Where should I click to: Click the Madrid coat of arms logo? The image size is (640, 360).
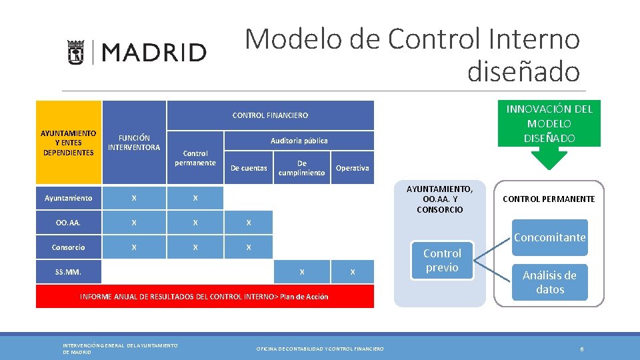(76, 52)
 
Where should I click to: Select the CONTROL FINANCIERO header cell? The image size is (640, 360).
(270, 115)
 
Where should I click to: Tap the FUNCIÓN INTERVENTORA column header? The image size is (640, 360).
(134, 142)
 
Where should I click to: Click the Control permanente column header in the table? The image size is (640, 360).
(195, 158)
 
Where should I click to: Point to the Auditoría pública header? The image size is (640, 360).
(299, 141)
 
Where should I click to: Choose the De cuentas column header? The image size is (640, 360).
(249, 168)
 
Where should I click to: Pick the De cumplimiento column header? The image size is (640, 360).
(302, 168)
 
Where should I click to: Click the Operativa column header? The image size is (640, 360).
(352, 168)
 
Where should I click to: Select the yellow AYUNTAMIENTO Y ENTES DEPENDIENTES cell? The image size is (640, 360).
(69, 143)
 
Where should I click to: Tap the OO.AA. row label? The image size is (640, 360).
(68, 223)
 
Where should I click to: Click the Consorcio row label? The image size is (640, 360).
(68, 247)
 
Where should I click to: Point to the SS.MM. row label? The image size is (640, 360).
(68, 272)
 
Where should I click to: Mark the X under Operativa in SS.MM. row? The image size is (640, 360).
(353, 272)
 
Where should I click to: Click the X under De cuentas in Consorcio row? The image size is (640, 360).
(249, 247)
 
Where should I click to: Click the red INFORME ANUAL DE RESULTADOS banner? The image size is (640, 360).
(205, 297)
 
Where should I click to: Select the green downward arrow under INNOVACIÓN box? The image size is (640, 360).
(549, 159)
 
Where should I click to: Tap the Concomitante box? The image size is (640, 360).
(550, 237)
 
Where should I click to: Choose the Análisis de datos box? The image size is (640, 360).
(550, 283)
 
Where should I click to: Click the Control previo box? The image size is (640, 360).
(442, 261)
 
